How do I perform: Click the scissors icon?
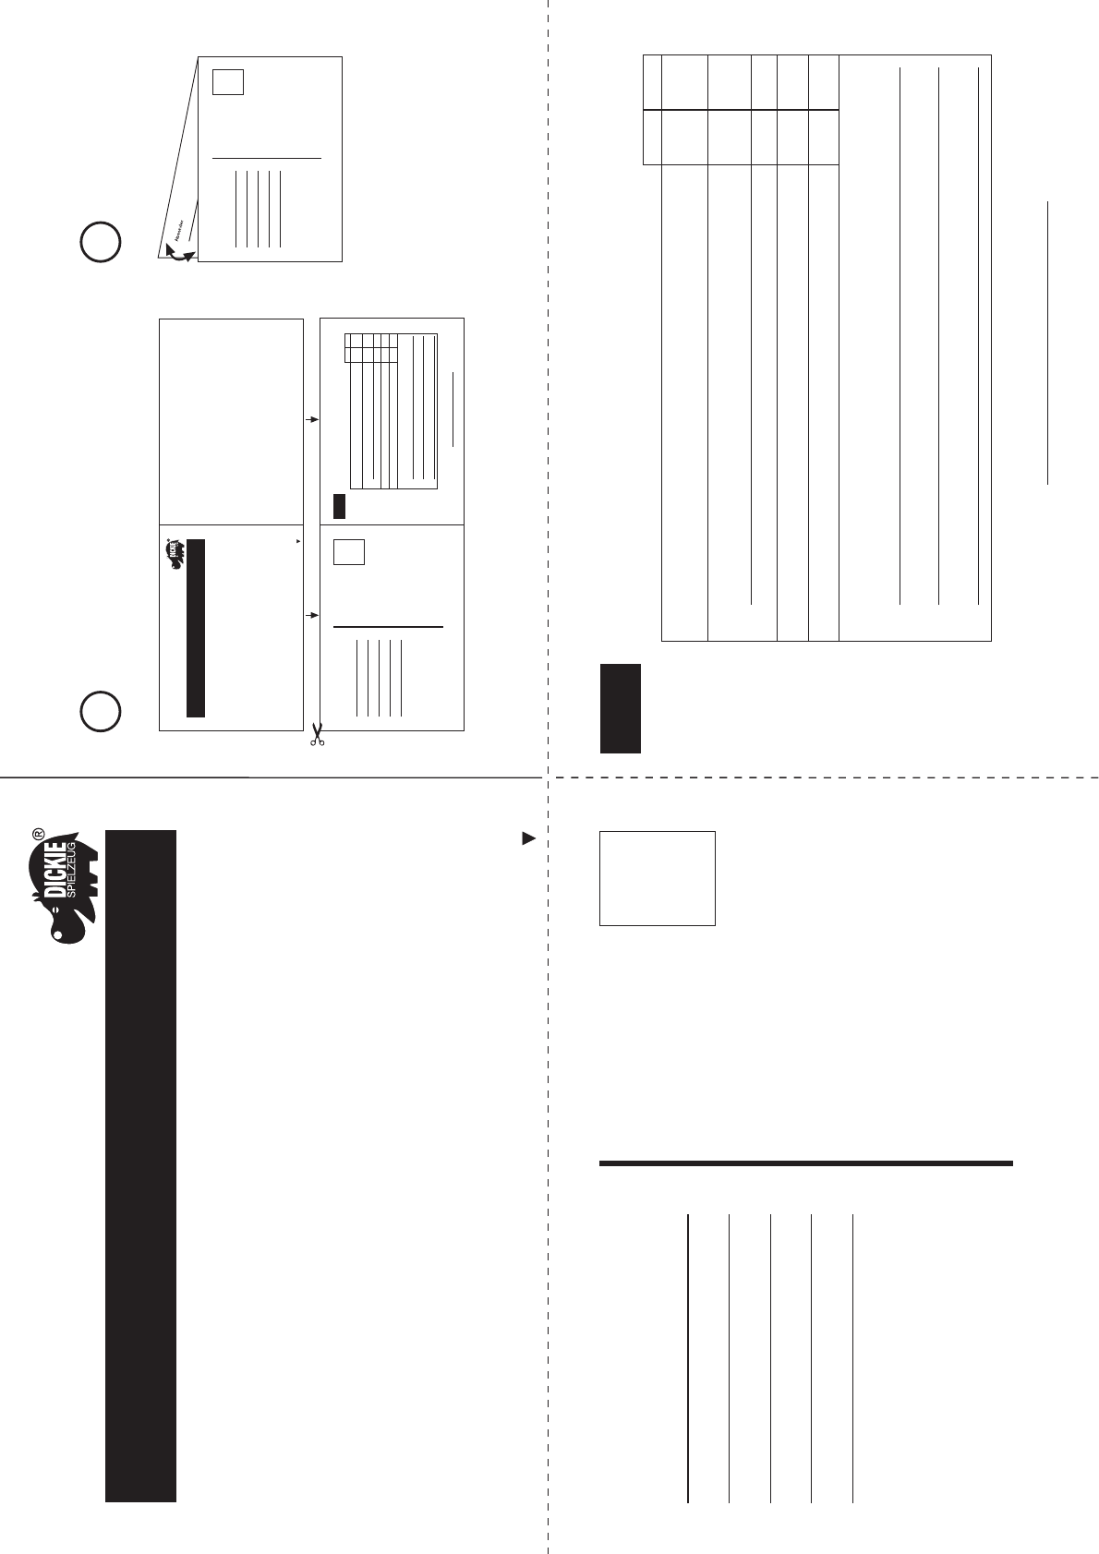coord(317,737)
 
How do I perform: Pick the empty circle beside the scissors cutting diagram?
coord(101,710)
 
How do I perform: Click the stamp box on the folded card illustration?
coord(227,81)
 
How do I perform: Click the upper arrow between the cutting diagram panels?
coord(312,419)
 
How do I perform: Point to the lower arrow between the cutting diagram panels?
coord(312,614)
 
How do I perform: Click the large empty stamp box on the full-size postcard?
coord(657,877)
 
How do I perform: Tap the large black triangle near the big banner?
coord(528,838)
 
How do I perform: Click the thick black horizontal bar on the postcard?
coord(805,1163)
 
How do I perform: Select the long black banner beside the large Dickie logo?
coord(140,1165)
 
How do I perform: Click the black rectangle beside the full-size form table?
coord(620,708)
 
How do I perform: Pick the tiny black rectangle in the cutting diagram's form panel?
coord(339,505)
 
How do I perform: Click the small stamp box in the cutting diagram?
coord(348,551)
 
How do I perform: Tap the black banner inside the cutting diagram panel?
coord(195,628)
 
